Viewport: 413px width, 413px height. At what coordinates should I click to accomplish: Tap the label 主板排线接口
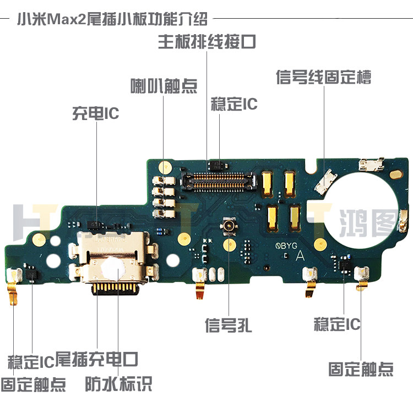tap(206, 42)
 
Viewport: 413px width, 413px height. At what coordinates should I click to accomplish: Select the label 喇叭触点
tap(164, 86)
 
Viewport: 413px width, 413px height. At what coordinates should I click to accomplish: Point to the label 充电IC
tap(96, 113)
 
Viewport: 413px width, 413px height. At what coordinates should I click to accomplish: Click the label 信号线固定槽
tap(323, 77)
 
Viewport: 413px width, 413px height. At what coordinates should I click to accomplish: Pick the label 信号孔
tap(228, 325)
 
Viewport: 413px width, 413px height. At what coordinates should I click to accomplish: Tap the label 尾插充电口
tap(96, 359)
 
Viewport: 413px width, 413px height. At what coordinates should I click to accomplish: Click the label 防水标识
tap(118, 383)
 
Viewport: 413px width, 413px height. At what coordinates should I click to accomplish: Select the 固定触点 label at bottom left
tap(33, 383)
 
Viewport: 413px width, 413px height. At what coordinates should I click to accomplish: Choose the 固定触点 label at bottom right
tap(361, 368)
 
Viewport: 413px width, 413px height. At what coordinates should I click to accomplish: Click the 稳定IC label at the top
tap(234, 104)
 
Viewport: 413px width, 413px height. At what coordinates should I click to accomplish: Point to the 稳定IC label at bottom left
tap(31, 361)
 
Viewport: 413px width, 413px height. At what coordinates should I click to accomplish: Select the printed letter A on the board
tap(300, 255)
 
